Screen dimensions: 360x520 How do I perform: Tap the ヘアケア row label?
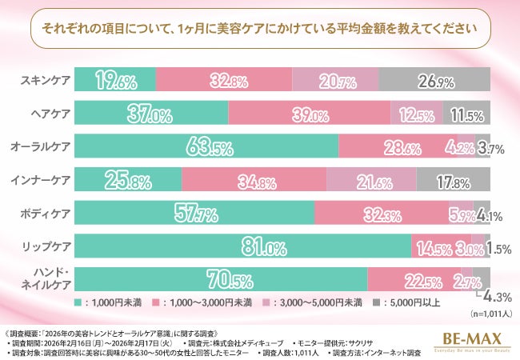click(x=50, y=114)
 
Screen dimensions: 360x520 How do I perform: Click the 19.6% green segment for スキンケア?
click(x=116, y=80)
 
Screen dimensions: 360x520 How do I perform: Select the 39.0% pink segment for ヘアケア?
click(x=310, y=114)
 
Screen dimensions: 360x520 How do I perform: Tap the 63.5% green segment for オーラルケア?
click(x=207, y=147)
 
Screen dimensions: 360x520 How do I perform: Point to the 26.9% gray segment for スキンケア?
click(x=434, y=80)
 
